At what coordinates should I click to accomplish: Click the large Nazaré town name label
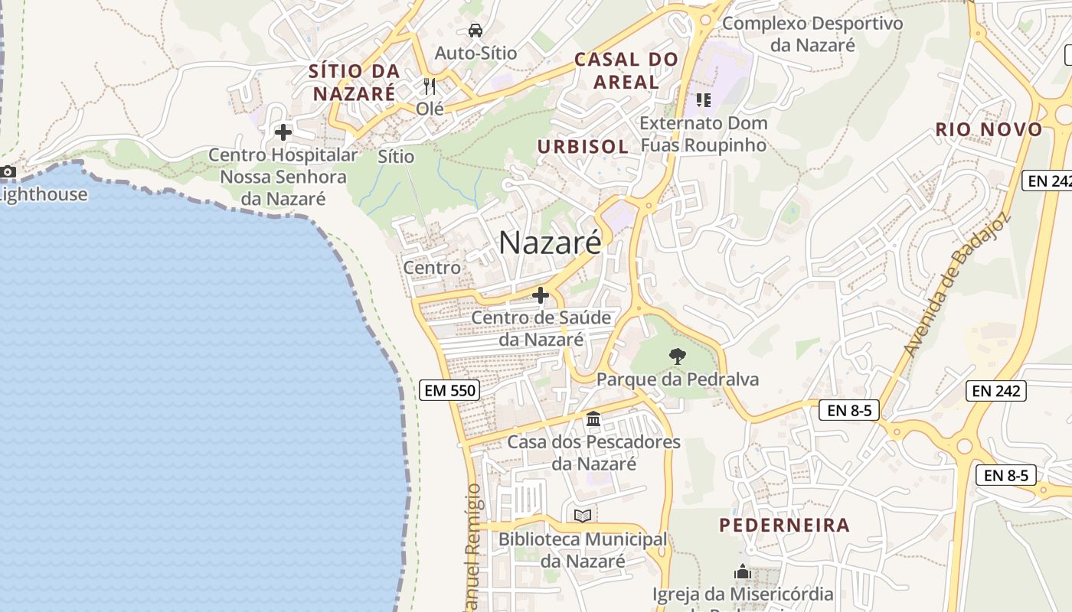point(550,243)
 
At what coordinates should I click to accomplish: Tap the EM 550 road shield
point(450,391)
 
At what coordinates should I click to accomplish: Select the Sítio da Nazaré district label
point(354,83)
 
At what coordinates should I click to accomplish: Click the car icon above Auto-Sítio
point(476,31)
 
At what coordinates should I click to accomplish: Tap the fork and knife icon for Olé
point(430,86)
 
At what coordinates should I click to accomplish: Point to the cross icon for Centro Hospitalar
point(283,132)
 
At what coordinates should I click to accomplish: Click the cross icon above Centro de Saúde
point(541,295)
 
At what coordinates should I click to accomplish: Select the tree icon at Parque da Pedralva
point(677,356)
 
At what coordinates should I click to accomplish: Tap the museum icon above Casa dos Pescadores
point(593,419)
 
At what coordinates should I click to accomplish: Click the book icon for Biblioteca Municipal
point(583,516)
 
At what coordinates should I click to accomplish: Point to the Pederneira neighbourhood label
point(784,525)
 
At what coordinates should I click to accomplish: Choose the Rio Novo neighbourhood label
point(989,129)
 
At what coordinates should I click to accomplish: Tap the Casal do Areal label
point(626,70)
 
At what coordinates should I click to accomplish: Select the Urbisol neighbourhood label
point(583,146)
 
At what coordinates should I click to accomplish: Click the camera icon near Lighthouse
point(8,171)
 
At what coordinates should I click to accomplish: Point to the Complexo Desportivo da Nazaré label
point(812,34)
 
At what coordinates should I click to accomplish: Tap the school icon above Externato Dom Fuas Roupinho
point(703,99)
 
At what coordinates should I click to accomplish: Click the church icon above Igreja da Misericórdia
point(742,571)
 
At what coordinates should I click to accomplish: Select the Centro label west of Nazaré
point(432,268)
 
